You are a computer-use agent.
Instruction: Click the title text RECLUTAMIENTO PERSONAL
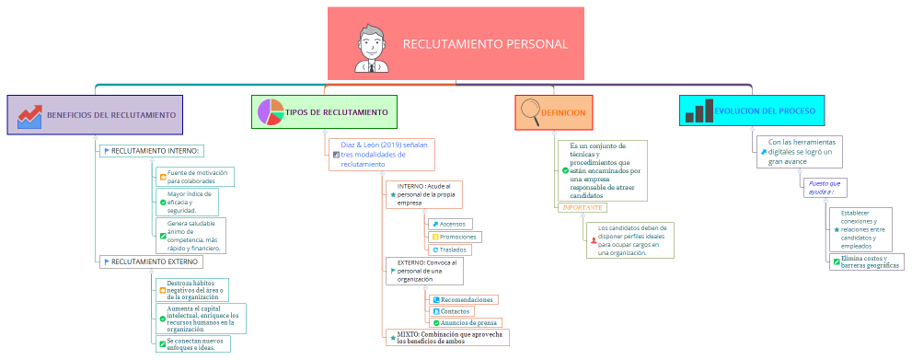coord(485,44)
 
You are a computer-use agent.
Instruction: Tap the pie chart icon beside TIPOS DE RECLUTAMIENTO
coord(270,112)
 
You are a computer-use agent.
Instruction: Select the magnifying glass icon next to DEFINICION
coord(530,112)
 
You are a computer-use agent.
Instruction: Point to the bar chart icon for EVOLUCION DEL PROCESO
coord(698,111)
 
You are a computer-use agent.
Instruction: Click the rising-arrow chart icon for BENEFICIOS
coord(29,115)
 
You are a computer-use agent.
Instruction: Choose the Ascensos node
coord(451,224)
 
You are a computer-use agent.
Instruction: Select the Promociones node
coord(455,237)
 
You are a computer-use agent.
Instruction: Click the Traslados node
coord(450,250)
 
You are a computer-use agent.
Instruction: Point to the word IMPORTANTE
coord(582,208)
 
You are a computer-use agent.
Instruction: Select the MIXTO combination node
coord(447,337)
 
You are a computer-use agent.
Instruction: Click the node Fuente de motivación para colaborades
coord(196,177)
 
